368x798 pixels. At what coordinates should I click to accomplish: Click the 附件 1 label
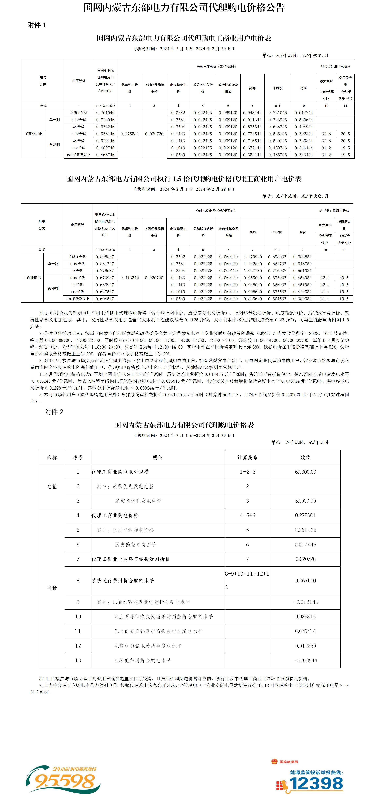36,25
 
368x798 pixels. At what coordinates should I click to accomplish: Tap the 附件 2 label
54,412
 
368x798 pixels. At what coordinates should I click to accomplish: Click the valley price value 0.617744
304,113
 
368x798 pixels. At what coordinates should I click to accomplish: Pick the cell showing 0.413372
130,278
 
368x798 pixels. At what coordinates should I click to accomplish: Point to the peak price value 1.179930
253,257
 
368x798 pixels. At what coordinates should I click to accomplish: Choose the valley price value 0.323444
304,155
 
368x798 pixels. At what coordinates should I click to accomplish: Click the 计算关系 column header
247,458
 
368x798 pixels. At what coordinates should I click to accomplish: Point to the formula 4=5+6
247,515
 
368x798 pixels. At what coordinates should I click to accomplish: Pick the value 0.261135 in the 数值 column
305,530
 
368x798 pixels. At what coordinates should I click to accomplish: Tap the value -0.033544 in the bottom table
305,660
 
